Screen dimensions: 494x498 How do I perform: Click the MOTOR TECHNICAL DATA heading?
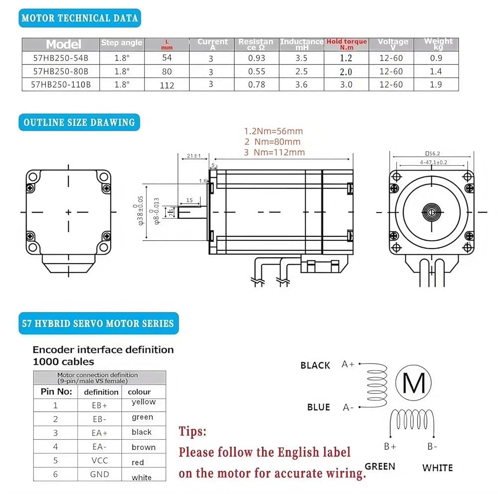click(80, 18)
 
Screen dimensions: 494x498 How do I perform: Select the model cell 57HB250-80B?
click(61, 71)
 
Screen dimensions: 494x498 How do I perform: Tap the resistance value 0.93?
click(256, 58)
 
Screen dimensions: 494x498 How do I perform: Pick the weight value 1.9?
click(436, 85)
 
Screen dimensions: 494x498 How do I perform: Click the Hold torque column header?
click(347, 44)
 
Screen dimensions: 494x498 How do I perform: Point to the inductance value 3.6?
click(301, 85)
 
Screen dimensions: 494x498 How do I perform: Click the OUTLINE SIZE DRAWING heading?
click(79, 122)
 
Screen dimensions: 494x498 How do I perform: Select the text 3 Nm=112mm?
click(274, 152)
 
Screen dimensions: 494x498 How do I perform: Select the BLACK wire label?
click(315, 366)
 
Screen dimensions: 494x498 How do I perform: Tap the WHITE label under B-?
click(437, 468)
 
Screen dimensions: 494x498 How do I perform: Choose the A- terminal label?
click(348, 407)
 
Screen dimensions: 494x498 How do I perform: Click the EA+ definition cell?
click(100, 433)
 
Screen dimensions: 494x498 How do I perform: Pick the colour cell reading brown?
click(143, 447)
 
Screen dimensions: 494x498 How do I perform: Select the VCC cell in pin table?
click(100, 461)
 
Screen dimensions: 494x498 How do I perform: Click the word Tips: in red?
click(192, 431)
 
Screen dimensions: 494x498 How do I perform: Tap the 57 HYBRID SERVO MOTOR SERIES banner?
click(98, 323)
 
